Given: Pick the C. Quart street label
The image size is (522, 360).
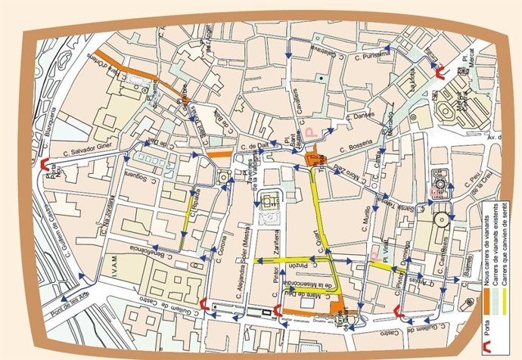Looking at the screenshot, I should tap(327, 241).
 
